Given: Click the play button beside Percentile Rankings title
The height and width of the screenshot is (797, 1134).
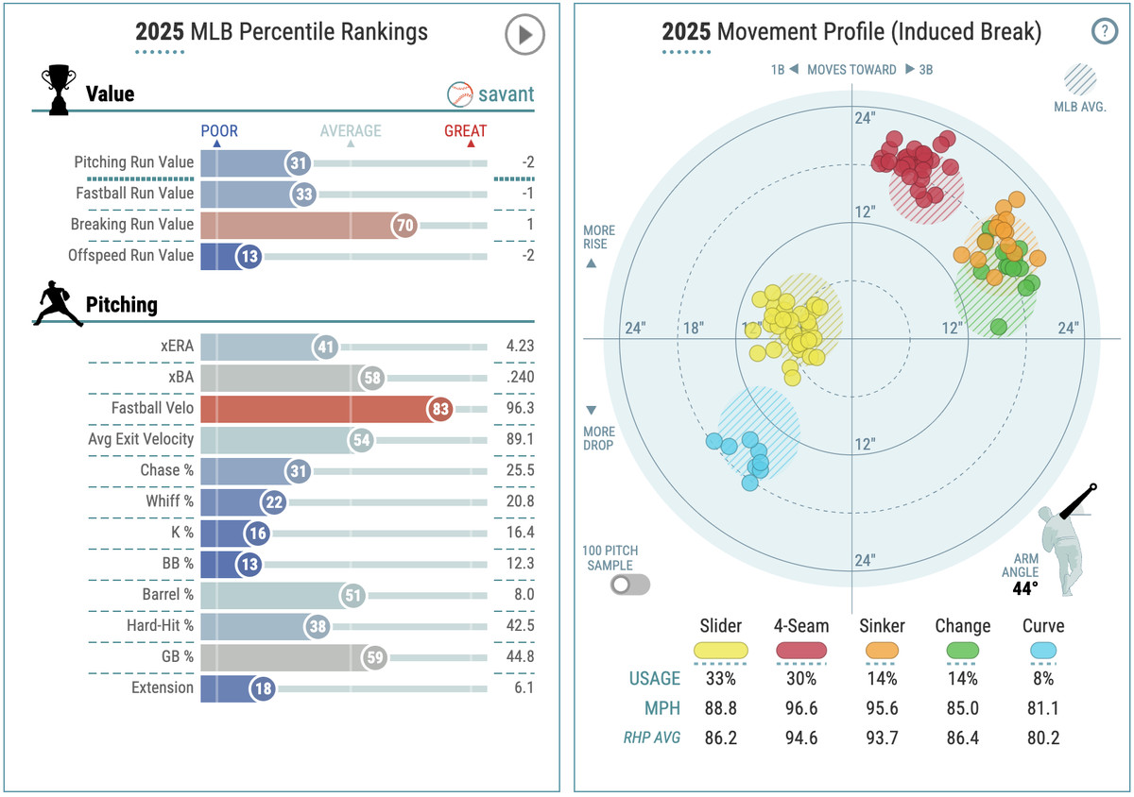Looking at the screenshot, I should pos(524,36).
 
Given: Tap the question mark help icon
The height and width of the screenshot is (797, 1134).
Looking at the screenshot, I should pos(1104,32).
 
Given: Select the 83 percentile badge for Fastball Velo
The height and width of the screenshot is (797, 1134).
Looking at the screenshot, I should pos(439,409).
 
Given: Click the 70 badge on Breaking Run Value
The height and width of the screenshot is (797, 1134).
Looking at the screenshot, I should pos(404,225).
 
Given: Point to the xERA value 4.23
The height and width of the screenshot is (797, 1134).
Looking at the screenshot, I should pos(519,347).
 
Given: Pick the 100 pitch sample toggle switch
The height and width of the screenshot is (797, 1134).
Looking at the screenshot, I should pos(630,585).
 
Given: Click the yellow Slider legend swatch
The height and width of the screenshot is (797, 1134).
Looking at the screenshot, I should pos(721,651).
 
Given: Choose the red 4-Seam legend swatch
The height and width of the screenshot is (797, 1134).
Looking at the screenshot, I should pos(802,651).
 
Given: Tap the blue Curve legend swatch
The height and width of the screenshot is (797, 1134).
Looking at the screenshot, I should pos(1043,651).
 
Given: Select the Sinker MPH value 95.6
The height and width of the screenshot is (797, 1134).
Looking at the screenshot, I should pos(883,708).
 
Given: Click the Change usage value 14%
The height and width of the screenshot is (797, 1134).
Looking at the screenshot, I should pos(962,678).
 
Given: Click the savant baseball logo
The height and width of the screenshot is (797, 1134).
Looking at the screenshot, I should pos(459,94).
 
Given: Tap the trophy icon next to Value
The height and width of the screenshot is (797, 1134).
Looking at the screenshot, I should pos(58,92).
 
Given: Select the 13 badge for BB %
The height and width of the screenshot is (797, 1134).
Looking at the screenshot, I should pos(248,564).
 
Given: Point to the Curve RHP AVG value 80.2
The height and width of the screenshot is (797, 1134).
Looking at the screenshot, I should pos(1042,738).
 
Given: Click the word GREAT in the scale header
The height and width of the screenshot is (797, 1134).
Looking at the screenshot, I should pos(465,131).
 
